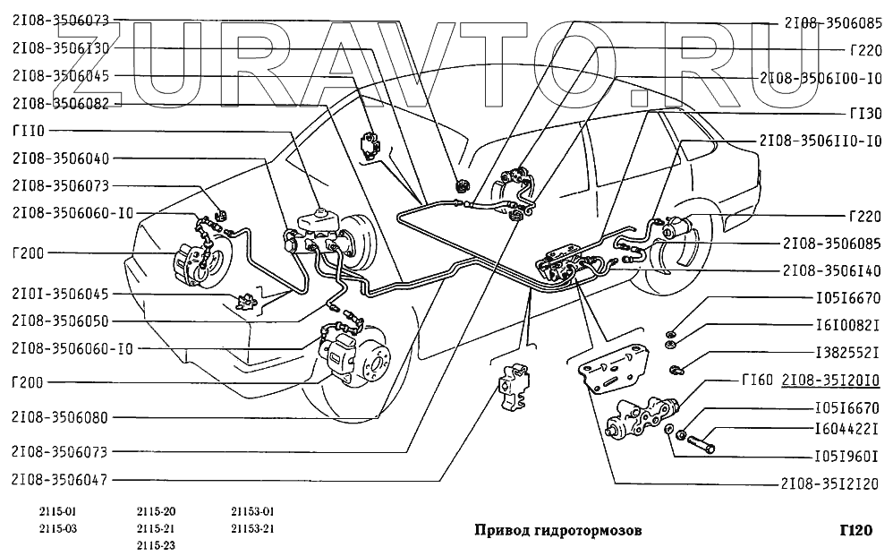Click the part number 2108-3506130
pos(61,47)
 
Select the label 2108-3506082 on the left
pos(61,104)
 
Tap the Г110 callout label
pos(30,131)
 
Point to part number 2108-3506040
pos(61,159)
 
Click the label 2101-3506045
pos(61,293)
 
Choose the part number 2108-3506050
pos(61,320)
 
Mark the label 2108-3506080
pos(61,417)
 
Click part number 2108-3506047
pos(61,480)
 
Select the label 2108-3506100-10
pos(821,78)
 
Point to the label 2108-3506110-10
pos(821,141)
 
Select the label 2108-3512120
pos(832,484)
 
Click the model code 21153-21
pos(251,528)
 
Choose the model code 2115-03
pos(34,528)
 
